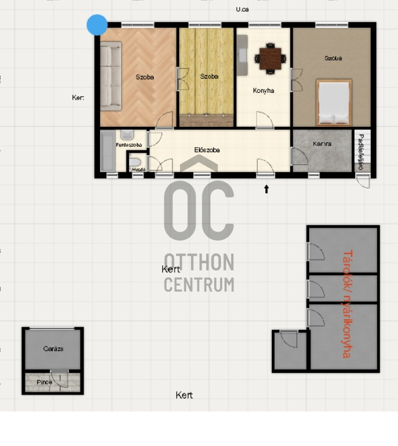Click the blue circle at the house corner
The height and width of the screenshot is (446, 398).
tap(97, 25)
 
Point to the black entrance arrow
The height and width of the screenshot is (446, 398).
tap(266, 189)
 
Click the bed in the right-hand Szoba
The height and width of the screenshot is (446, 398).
tap(334, 102)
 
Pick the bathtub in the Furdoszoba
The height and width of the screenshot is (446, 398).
tap(107, 151)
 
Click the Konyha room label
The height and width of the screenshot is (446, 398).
tap(263, 91)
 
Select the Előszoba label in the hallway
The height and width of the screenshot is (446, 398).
tap(207, 150)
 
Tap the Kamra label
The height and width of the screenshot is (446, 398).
tap(322, 144)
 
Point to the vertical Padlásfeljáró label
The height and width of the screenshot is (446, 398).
tap(361, 151)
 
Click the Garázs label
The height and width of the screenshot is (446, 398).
tap(53, 349)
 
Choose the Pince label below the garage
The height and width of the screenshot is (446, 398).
tap(44, 382)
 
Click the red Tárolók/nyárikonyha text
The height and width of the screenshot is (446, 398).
tap(347, 304)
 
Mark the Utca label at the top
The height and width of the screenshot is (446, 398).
tap(242, 9)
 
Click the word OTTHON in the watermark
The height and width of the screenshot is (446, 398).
tap(198, 263)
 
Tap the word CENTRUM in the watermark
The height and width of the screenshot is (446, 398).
tap(198, 284)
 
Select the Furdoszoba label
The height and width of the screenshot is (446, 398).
tap(128, 145)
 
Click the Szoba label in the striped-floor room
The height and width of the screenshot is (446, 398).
tap(209, 76)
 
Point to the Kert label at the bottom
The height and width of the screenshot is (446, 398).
tap(184, 395)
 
